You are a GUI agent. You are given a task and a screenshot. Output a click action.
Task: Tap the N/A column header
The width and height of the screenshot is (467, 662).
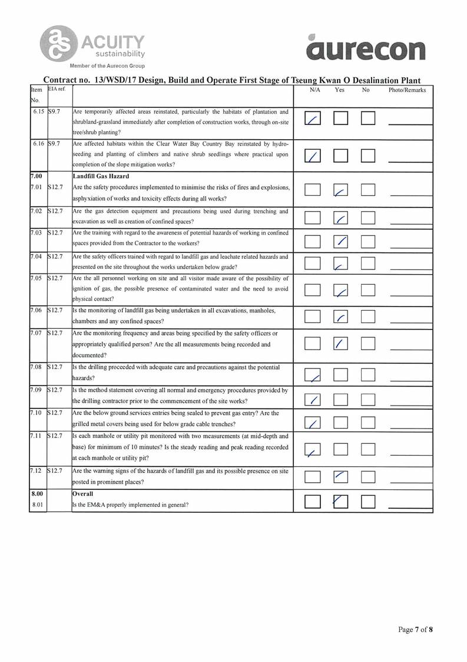click(314, 90)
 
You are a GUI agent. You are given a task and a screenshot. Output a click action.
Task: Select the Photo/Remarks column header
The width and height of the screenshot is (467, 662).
click(407, 90)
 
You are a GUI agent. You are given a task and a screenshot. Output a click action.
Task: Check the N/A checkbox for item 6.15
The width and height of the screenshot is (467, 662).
click(313, 119)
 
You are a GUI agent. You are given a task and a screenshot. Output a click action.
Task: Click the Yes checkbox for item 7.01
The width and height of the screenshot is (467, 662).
click(341, 190)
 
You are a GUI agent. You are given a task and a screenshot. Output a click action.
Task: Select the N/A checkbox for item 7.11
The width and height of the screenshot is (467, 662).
click(313, 450)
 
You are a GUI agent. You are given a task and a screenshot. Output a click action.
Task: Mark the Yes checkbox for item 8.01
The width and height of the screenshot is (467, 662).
click(341, 501)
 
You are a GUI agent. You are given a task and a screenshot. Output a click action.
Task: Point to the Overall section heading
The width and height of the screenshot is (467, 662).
click(84, 494)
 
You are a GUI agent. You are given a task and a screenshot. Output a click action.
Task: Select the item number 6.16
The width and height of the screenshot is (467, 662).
click(38, 143)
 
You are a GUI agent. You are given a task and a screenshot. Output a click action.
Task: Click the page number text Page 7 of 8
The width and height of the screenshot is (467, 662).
click(415, 630)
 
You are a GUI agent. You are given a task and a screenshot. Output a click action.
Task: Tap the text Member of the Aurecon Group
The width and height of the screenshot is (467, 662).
click(107, 65)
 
